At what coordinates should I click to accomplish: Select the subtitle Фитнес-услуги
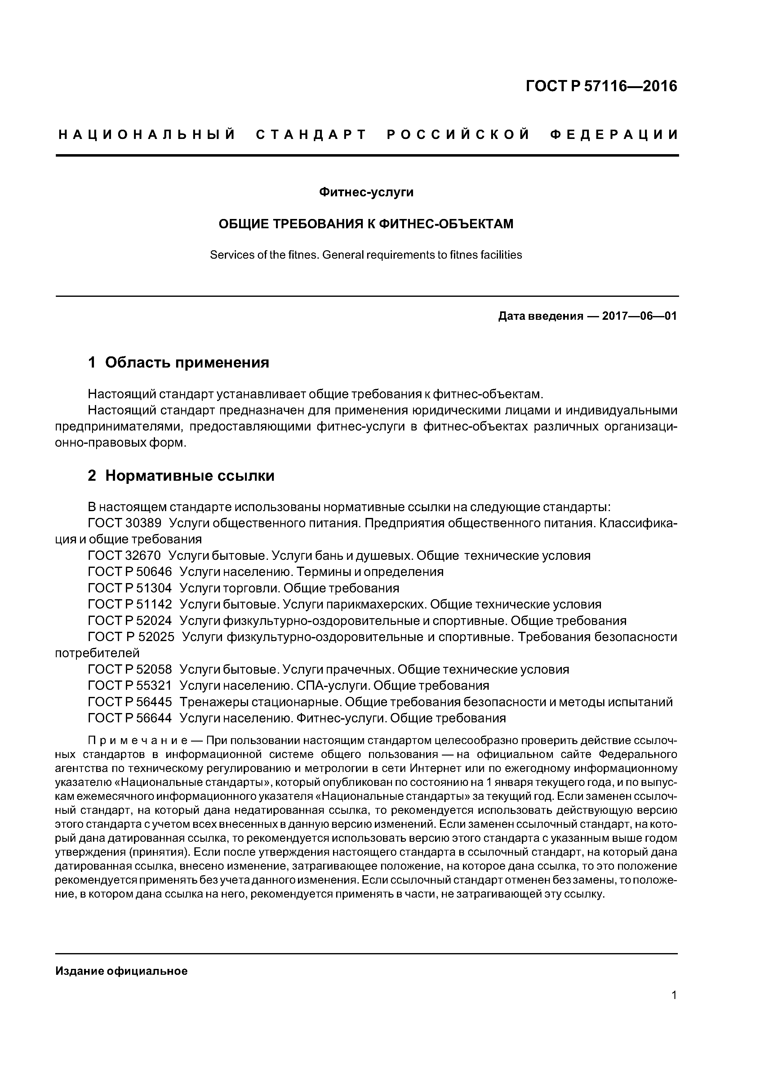[x=366, y=192]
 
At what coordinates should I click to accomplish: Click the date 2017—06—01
[x=639, y=316]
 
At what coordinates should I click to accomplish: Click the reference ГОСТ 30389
[x=125, y=523]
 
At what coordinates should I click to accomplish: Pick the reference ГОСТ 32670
[x=125, y=555]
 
